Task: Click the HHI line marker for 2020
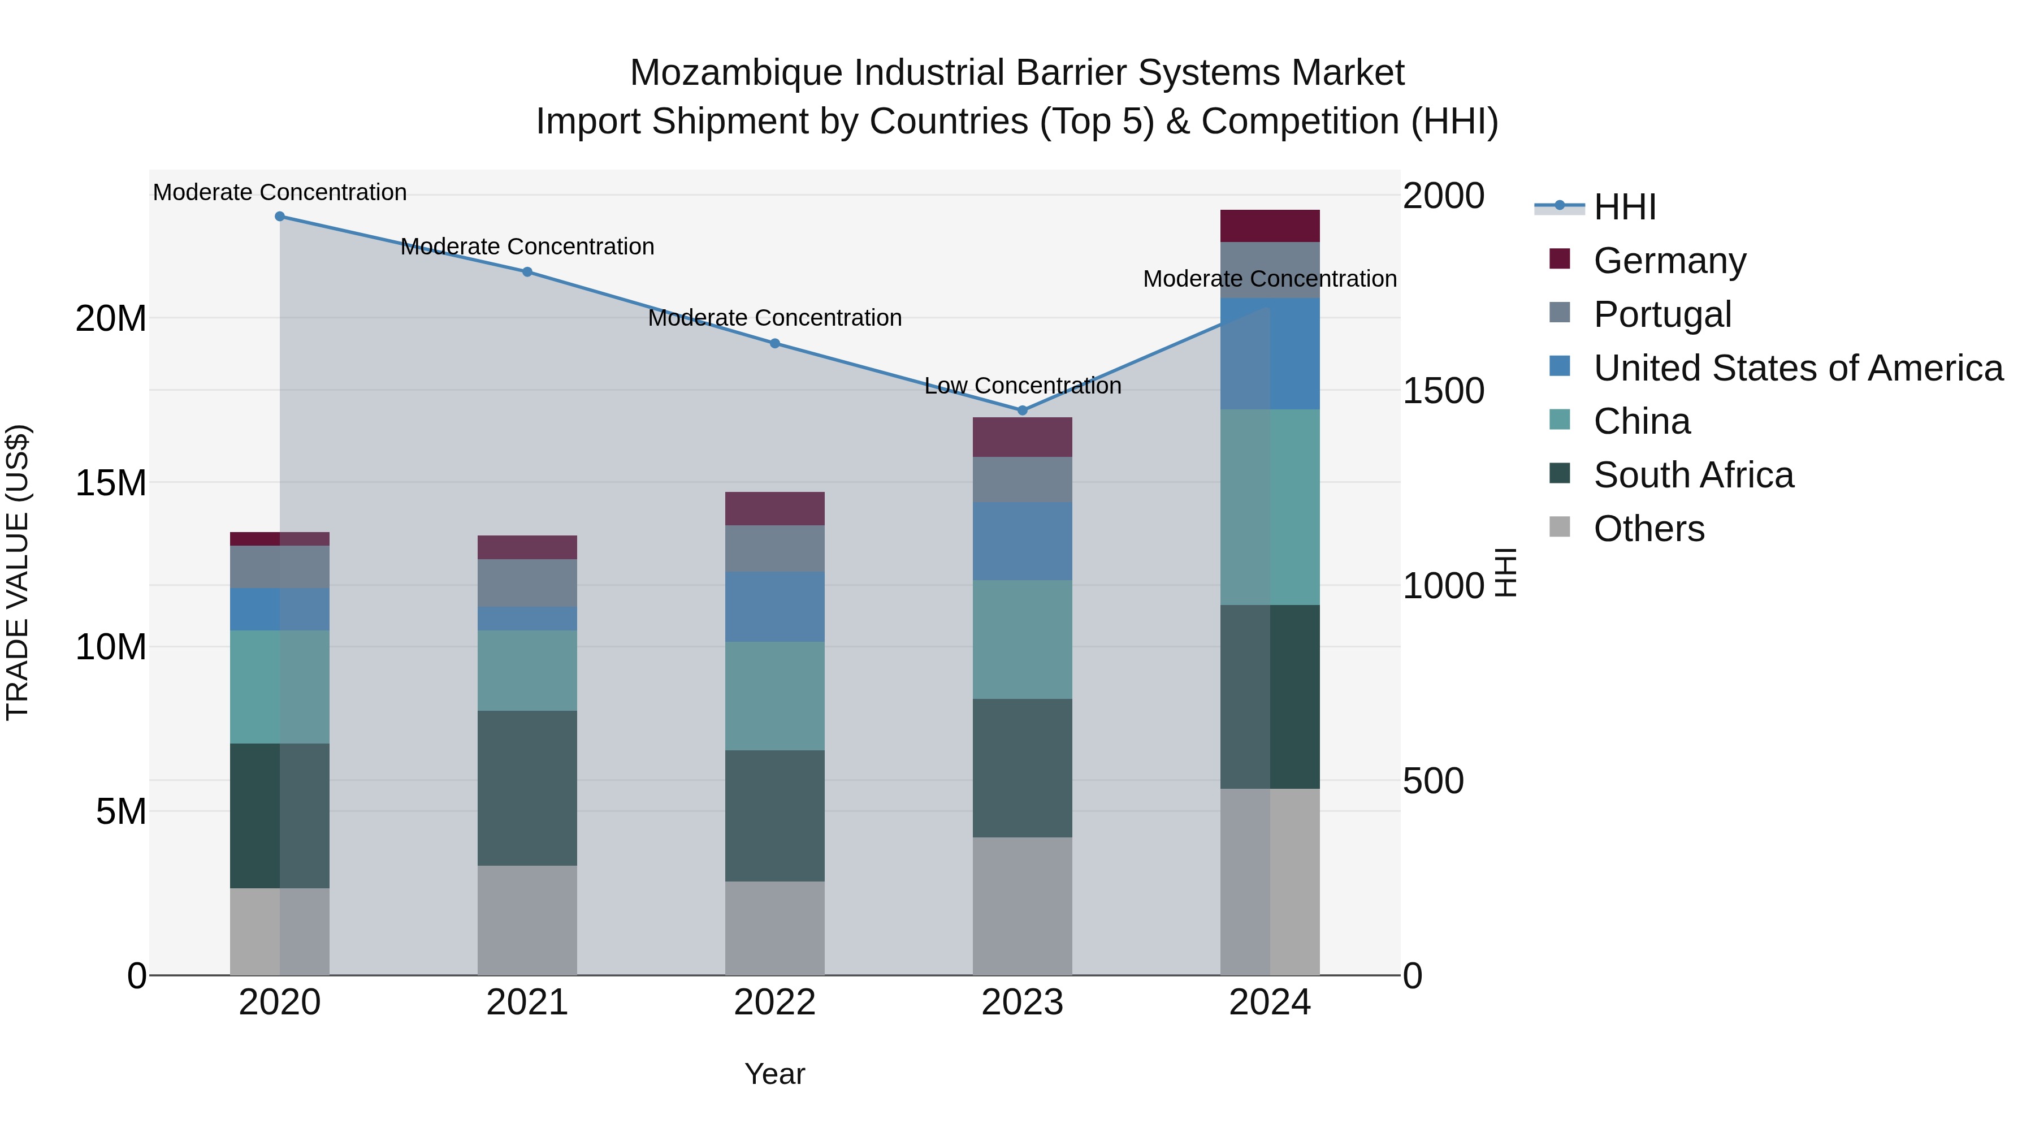pos(280,217)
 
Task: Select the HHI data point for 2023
pos(1022,410)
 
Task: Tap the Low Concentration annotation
pos(1022,386)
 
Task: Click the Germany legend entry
pos(1669,261)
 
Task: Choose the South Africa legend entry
pos(1693,475)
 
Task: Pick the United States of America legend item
pos(1797,368)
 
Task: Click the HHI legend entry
pos(1624,207)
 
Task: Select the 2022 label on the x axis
pos(774,1003)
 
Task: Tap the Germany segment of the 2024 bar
pos(1270,226)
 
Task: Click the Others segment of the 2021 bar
pos(527,920)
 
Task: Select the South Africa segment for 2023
pos(1022,767)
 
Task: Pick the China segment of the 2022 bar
pos(774,695)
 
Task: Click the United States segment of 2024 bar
pos(1270,353)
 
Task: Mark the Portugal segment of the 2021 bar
pos(527,582)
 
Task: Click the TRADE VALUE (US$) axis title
pos(18,572)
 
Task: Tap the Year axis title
pos(774,1074)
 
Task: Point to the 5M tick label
pos(121,811)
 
